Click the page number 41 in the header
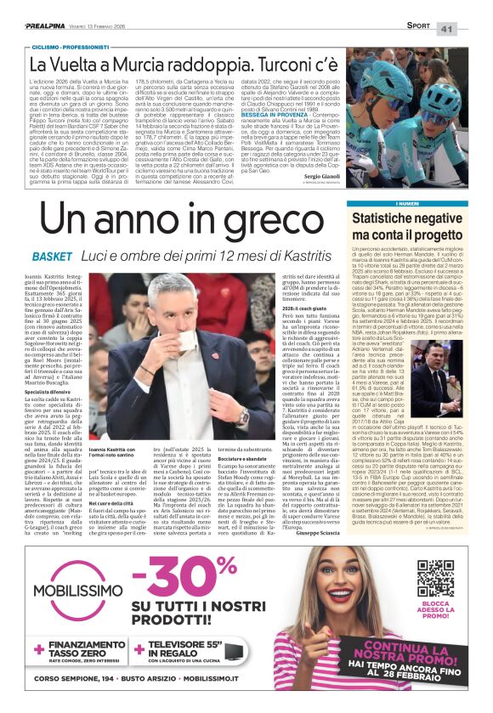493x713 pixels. pyautogui.click(x=471, y=29)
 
